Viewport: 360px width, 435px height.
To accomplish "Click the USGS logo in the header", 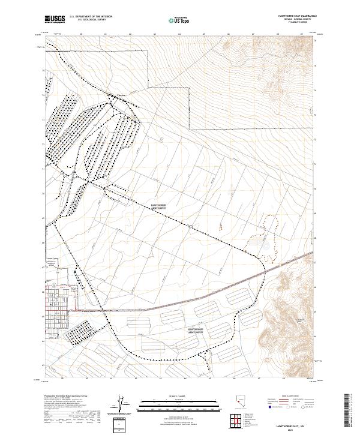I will pos(55,19).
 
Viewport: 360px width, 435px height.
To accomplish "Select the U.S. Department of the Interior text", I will pos(91,17).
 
